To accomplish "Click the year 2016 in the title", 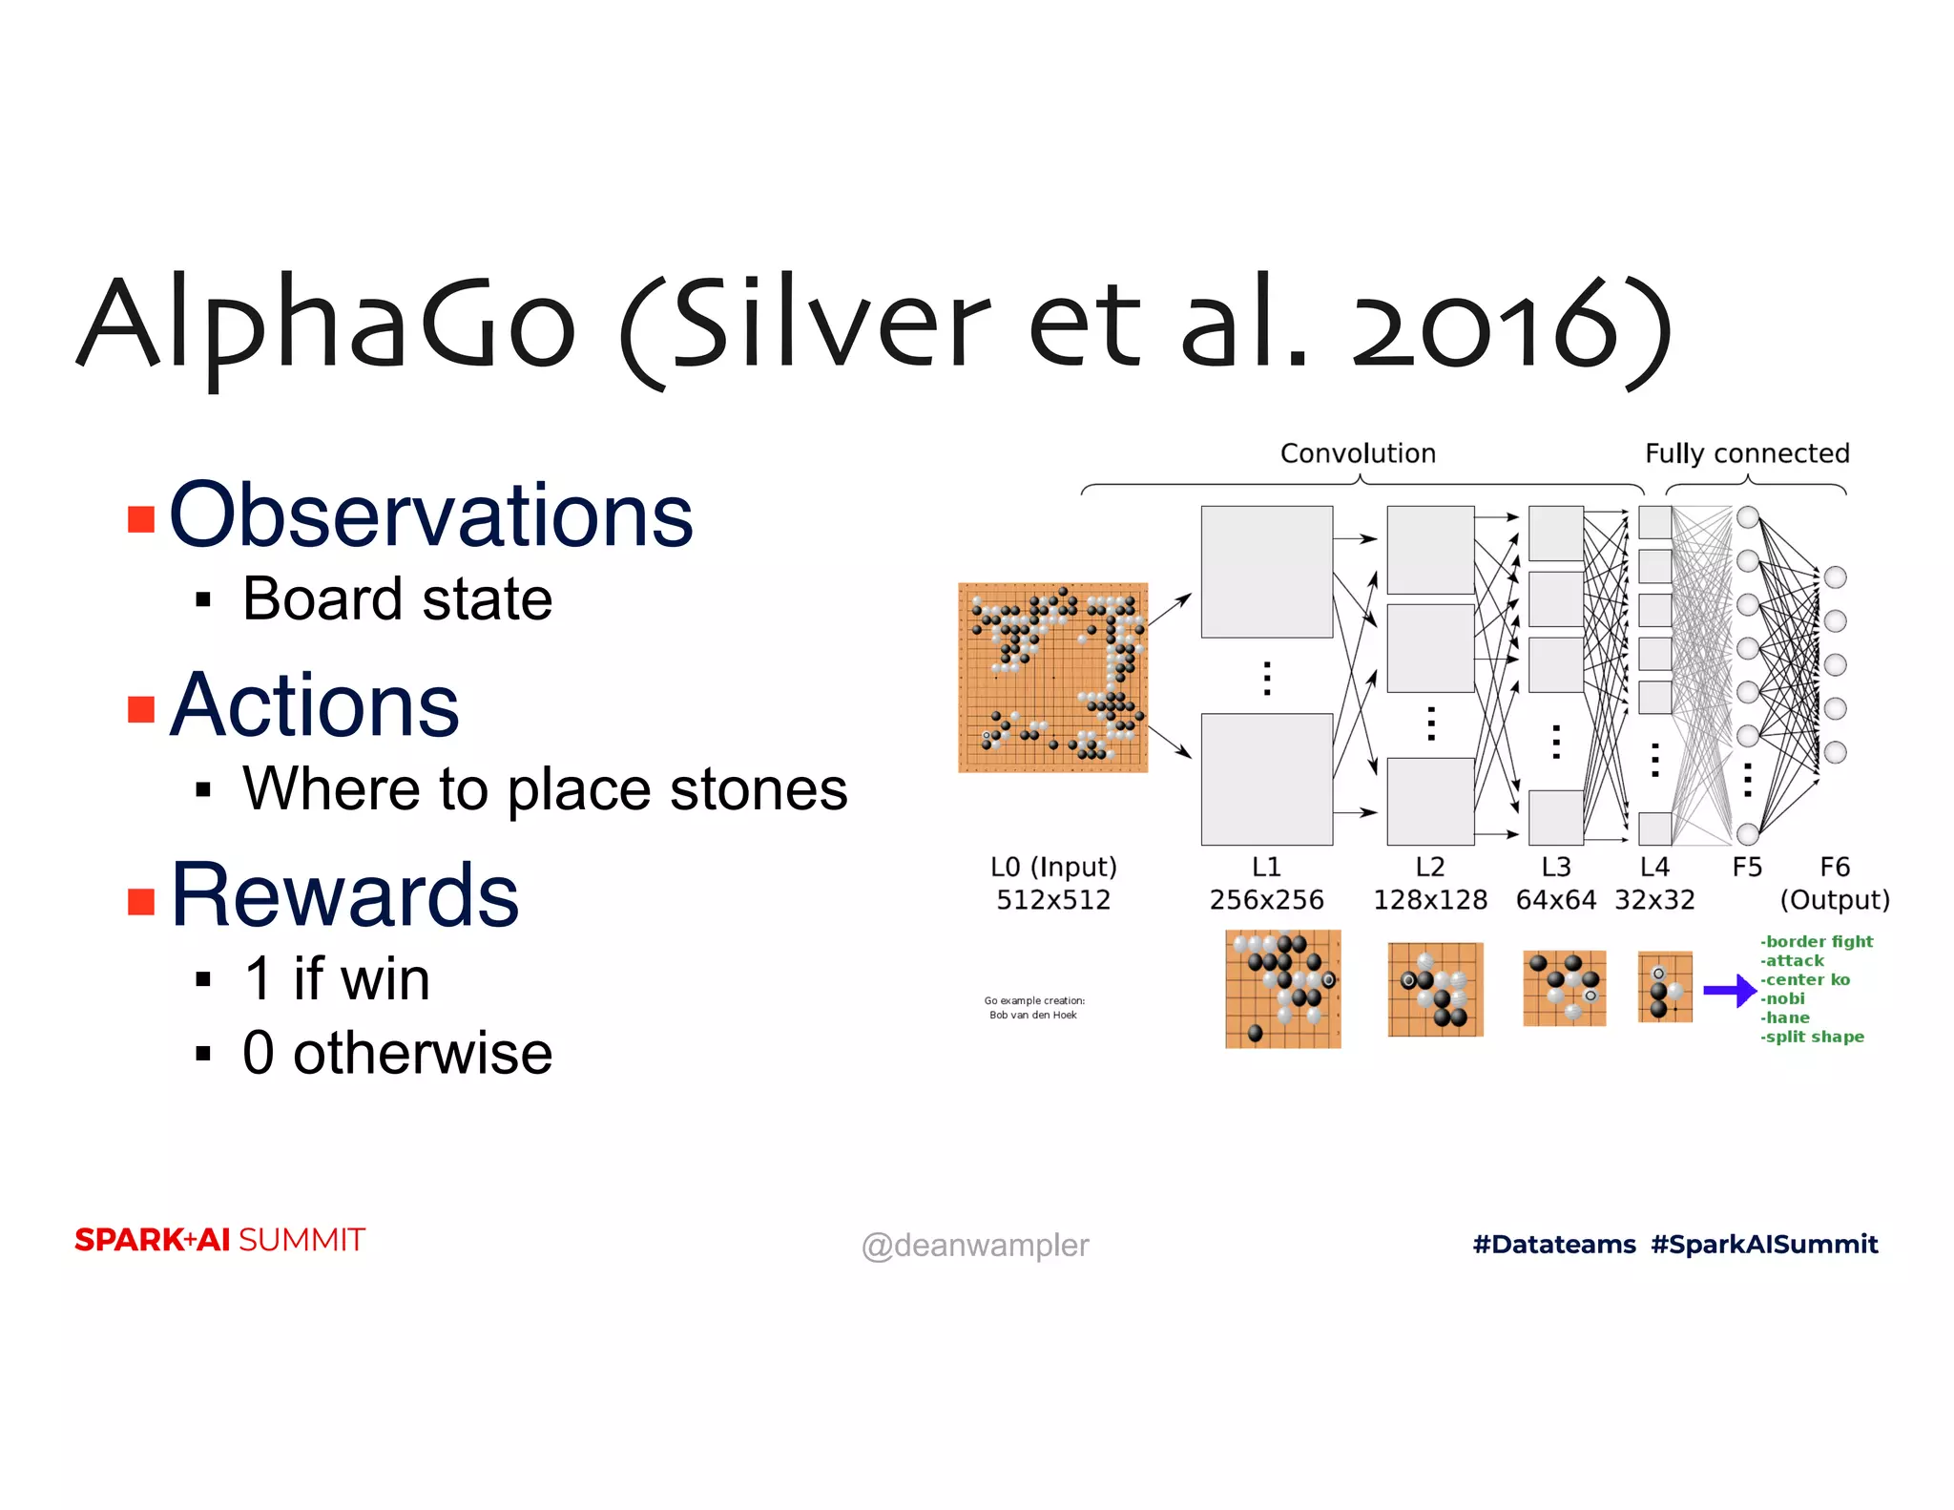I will pos(1484,325).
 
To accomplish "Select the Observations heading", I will pos(430,515).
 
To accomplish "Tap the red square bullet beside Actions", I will pos(141,709).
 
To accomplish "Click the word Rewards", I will pos(344,895).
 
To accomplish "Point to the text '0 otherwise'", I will pos(397,1053).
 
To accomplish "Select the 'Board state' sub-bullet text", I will pos(397,599).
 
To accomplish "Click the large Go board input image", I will pos(1052,677).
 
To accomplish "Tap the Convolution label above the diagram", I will pos(1357,453).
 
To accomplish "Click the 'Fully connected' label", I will pos(1746,453).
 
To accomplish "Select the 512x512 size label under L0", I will pos(1052,900).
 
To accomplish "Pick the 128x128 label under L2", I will pos(1429,900).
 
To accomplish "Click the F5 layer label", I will pos(1746,868).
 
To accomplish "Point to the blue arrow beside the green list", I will pos(1730,990).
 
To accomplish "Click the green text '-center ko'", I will pos(1805,980).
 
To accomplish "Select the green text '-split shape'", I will pos(1812,1037).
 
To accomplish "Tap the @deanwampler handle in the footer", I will pos(974,1246).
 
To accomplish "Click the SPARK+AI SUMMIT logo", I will pos(219,1240).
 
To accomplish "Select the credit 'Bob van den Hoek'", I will pos(1032,1016).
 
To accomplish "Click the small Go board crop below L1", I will pos(1282,989).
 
